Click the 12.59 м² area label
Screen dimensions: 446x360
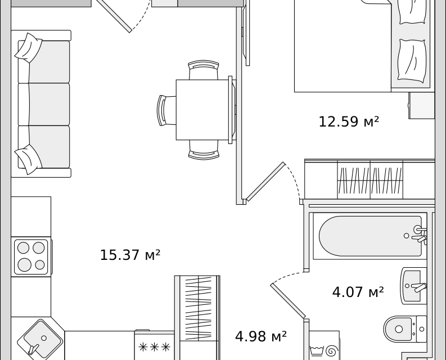(x=349, y=121)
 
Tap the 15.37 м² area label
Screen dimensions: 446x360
(x=130, y=255)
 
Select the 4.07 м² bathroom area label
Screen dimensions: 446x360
(x=358, y=292)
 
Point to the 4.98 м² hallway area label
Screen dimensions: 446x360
(x=261, y=336)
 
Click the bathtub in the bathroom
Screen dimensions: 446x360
(x=370, y=236)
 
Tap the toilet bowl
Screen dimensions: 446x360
(x=405, y=329)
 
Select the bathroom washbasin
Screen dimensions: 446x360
(x=413, y=286)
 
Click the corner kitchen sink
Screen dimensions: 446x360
(x=39, y=339)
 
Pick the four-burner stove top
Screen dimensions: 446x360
(x=31, y=256)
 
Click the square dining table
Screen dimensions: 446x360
(x=202, y=110)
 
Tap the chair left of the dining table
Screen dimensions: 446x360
(x=166, y=110)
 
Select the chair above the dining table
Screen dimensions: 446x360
(x=204, y=70)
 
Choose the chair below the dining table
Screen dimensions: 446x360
(x=204, y=150)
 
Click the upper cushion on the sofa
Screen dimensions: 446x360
(x=29, y=47)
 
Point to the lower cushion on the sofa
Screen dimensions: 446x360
(x=29, y=159)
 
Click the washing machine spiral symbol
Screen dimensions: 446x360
(x=331, y=351)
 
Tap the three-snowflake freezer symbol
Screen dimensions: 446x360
(x=154, y=347)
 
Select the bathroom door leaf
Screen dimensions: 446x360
(x=288, y=300)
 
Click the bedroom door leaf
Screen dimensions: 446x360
(x=265, y=182)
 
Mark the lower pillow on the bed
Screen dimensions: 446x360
(x=412, y=60)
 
